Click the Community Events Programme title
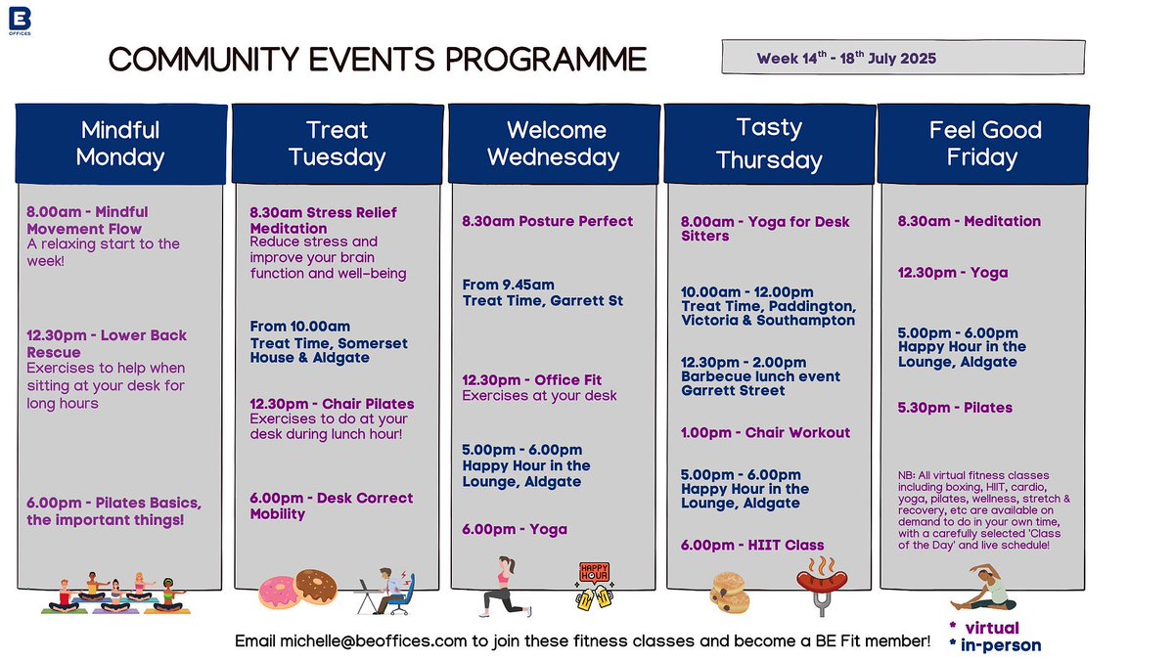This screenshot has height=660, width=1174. coord(378,59)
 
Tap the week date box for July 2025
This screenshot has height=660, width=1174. coord(904,58)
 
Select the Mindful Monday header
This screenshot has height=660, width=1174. coord(120,143)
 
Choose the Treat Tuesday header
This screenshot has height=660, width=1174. coord(337,143)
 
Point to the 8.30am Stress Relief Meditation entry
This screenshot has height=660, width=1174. coord(323,220)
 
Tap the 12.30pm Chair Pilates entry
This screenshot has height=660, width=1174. coord(332,404)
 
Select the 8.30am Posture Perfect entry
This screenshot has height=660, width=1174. coord(548,221)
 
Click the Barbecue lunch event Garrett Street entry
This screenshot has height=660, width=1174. coord(760,376)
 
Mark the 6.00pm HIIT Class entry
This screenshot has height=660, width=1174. coord(752,545)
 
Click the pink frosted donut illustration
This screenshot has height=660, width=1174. coord(282,590)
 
